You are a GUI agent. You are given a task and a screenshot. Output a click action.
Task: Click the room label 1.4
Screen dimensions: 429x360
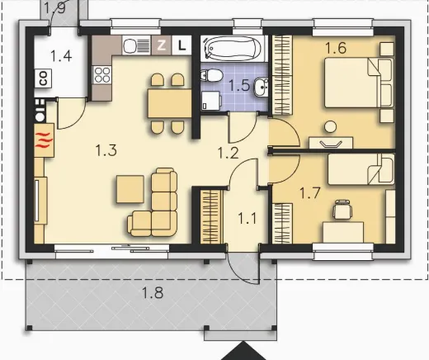click(x=61, y=56)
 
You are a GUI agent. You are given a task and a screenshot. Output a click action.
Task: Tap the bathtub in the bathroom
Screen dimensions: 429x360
click(x=233, y=48)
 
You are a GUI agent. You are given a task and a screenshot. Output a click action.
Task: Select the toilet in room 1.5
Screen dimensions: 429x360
click(x=211, y=75)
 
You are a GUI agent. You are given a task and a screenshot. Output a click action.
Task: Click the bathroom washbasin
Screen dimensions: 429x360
click(x=261, y=87)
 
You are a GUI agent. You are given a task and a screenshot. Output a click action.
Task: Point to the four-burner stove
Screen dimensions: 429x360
click(x=102, y=75)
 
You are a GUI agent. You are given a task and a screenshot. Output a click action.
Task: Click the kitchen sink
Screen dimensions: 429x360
click(x=136, y=45)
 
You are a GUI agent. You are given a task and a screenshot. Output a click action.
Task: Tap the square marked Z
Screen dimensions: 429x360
click(x=162, y=45)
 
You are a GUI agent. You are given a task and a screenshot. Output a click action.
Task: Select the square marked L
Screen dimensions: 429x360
click(x=181, y=45)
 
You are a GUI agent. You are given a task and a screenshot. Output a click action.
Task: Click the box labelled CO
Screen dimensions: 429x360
click(x=43, y=78)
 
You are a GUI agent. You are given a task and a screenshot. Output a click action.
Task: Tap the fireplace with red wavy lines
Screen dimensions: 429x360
click(x=44, y=140)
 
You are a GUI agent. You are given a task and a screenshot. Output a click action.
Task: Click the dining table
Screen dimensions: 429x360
click(x=169, y=103)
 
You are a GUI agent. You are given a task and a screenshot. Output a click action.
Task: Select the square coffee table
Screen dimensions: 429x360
click(x=130, y=189)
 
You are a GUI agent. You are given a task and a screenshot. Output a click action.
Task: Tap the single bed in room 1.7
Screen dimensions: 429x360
click(x=361, y=169)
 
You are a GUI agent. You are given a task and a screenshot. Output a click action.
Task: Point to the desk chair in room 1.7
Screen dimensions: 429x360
click(x=342, y=210)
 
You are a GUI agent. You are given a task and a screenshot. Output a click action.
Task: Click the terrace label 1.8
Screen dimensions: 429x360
click(x=153, y=292)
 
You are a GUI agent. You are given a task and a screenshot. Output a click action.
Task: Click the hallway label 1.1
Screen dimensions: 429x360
click(x=247, y=219)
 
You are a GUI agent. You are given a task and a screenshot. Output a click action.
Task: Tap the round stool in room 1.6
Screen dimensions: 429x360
click(x=330, y=127)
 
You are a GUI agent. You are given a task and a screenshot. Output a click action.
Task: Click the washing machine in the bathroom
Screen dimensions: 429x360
click(x=211, y=101)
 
